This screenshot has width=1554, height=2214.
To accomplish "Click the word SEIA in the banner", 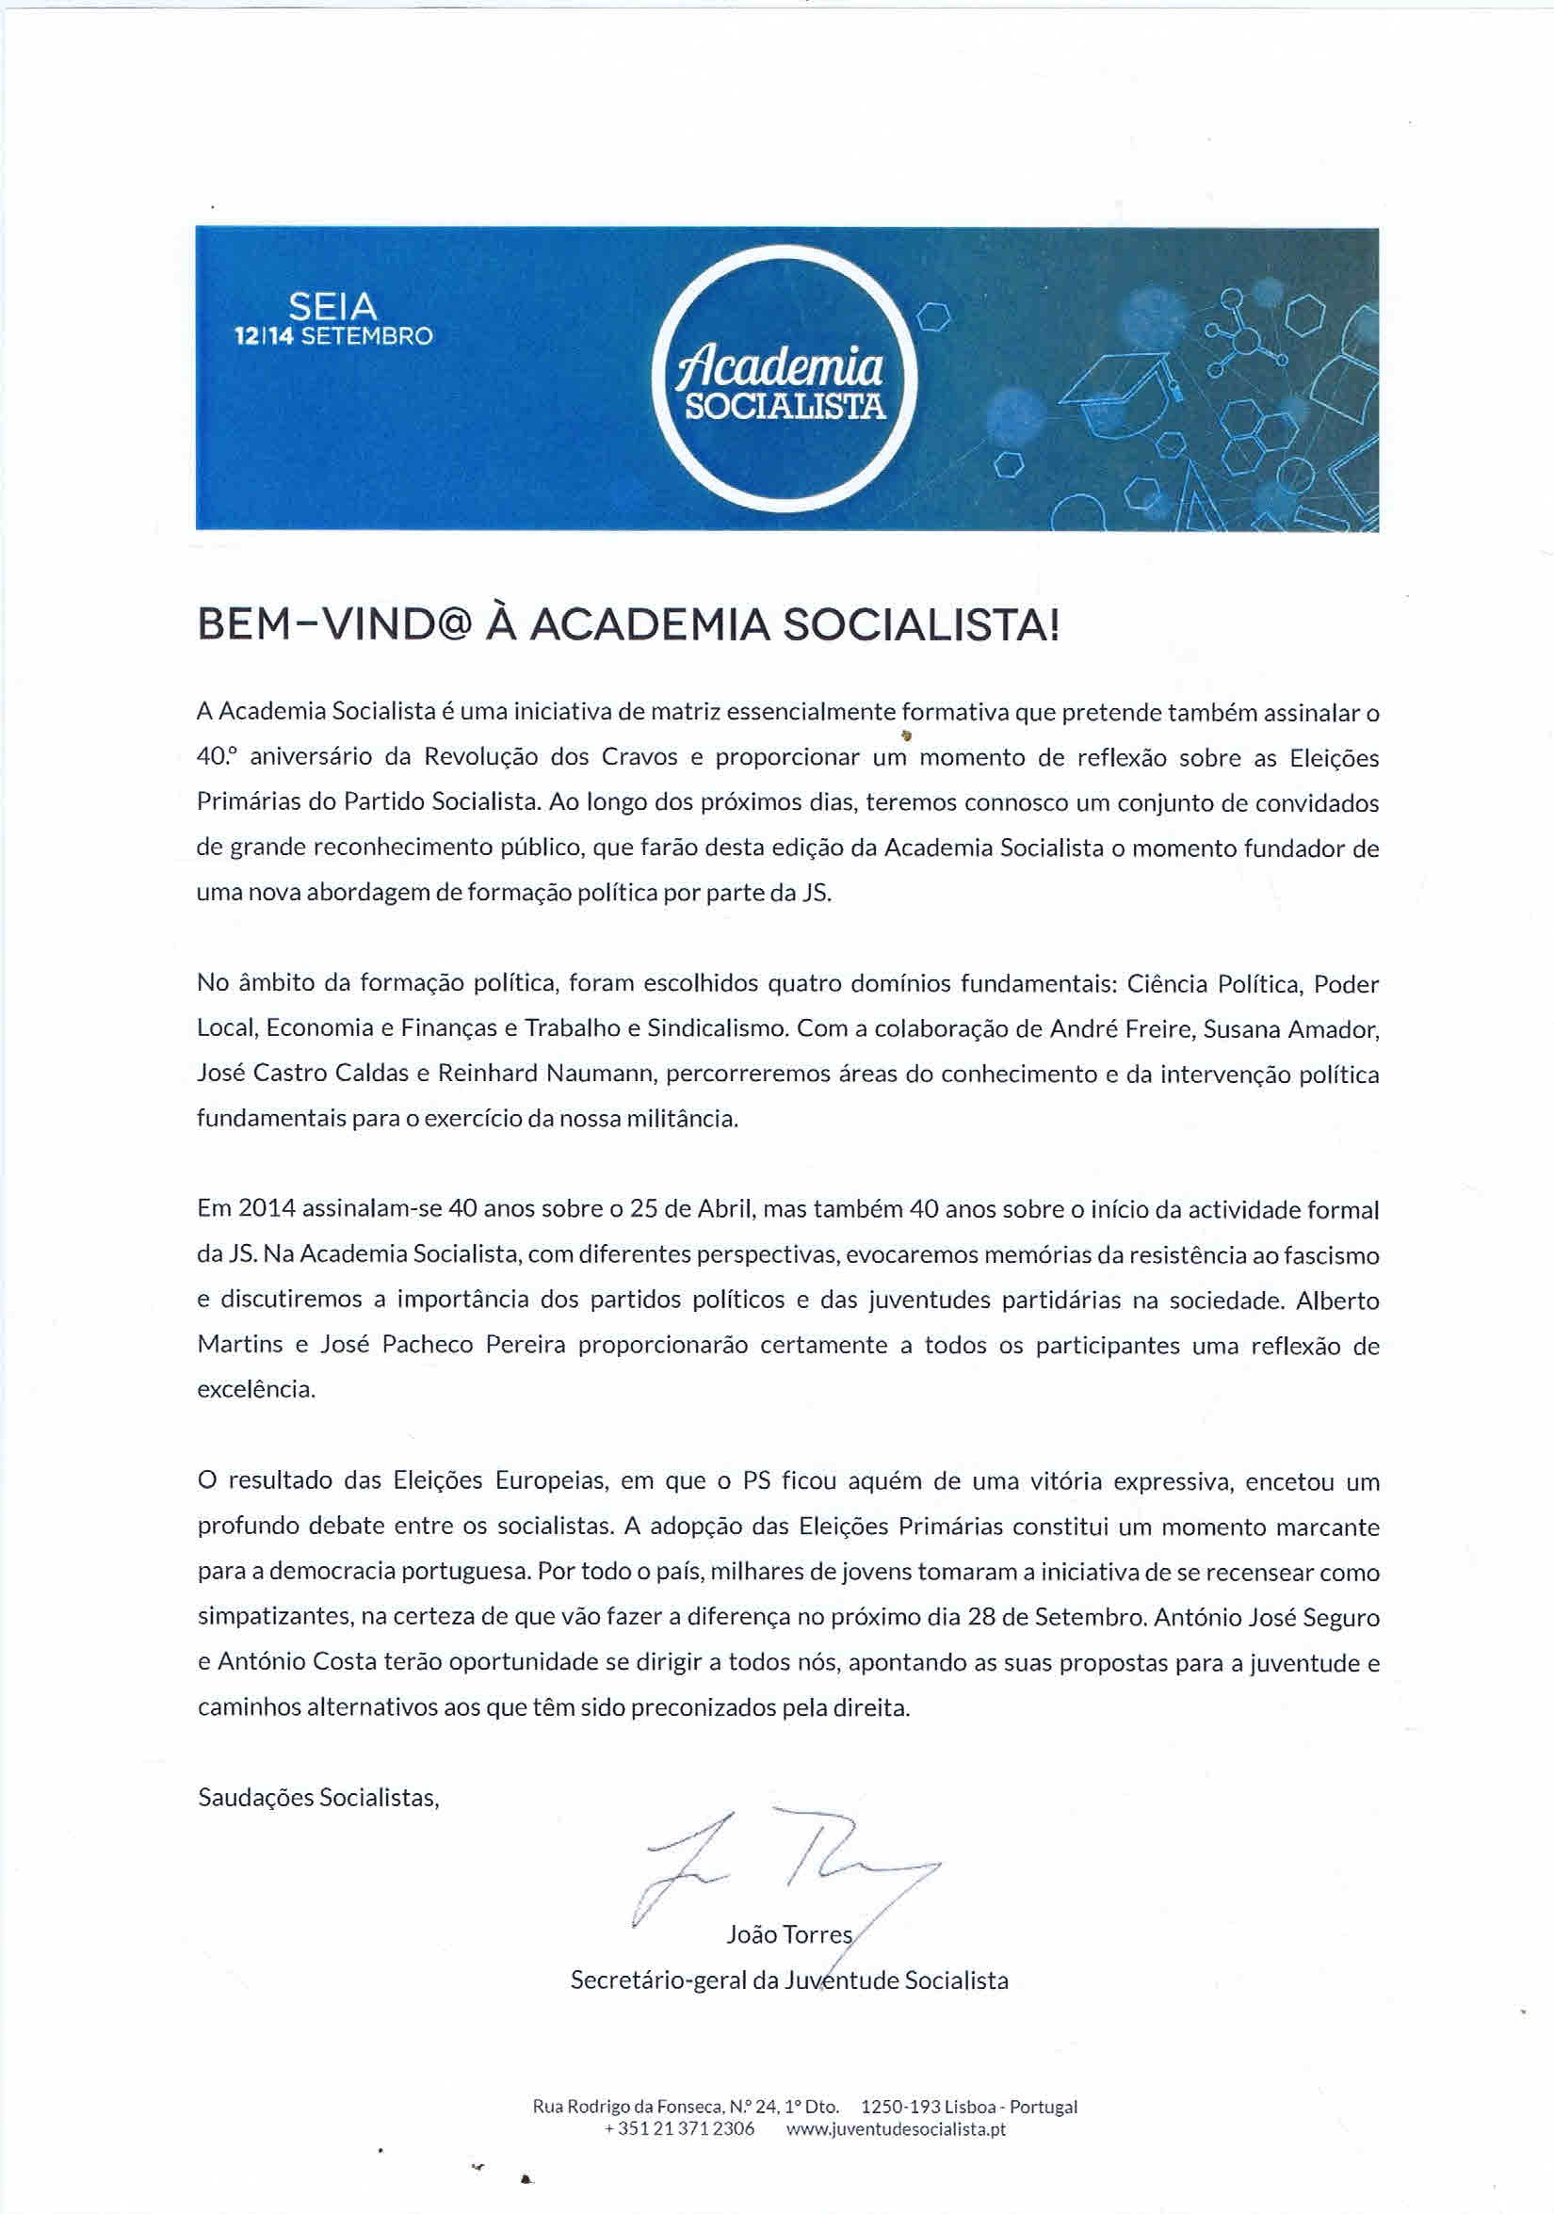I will tap(332, 308).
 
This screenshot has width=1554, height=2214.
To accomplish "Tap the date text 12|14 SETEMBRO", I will tap(333, 336).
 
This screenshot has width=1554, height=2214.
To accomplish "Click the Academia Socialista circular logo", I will tap(784, 379).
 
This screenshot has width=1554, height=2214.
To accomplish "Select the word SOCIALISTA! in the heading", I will tap(919, 626).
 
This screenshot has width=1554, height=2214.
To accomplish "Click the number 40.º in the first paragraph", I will tap(215, 757).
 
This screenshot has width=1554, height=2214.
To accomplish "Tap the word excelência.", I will tap(255, 1390).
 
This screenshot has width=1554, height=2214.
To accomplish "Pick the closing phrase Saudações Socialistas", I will tap(317, 1798).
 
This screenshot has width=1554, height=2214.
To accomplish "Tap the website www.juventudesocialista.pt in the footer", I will tap(895, 2128).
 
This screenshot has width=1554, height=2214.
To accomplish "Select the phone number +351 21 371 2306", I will tap(679, 2128).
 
